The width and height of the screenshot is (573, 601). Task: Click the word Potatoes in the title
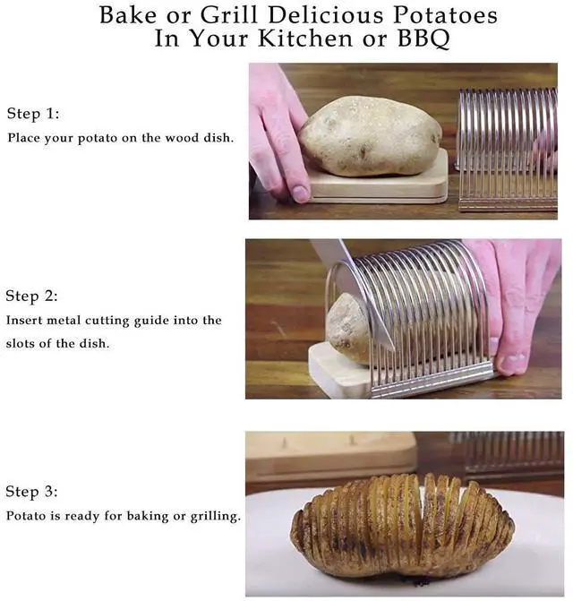click(446, 16)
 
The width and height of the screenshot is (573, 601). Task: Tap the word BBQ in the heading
click(423, 39)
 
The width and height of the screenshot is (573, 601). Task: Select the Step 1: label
click(33, 114)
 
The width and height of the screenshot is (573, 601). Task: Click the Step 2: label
click(32, 296)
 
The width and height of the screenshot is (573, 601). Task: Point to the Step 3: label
click(32, 492)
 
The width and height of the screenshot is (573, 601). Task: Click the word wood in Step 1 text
click(182, 138)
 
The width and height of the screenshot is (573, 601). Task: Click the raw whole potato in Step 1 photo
click(370, 136)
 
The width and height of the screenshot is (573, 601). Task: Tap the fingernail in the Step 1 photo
click(300, 193)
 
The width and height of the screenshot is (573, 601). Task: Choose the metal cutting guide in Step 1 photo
click(508, 150)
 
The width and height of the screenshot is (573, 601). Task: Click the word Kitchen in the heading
click(305, 39)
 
